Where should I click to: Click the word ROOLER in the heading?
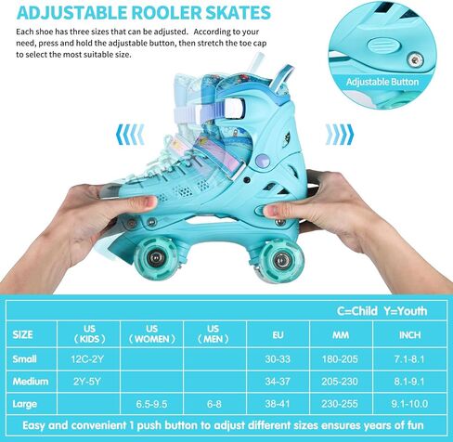167,12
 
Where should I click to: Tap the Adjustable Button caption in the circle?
382,82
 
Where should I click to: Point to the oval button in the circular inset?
383,45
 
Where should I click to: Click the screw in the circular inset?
415,59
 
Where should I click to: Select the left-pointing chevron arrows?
130,135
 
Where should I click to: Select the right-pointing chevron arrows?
339,135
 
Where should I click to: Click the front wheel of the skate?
155,258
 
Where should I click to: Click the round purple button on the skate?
263,161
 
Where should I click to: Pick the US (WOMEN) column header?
152,334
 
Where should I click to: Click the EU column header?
278,335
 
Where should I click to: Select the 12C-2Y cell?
87,359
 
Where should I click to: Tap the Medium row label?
31,382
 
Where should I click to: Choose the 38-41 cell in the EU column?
278,404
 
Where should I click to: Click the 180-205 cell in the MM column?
340,359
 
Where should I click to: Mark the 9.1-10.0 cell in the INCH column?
409,404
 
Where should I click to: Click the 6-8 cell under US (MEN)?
214,404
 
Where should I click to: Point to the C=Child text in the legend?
356,311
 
